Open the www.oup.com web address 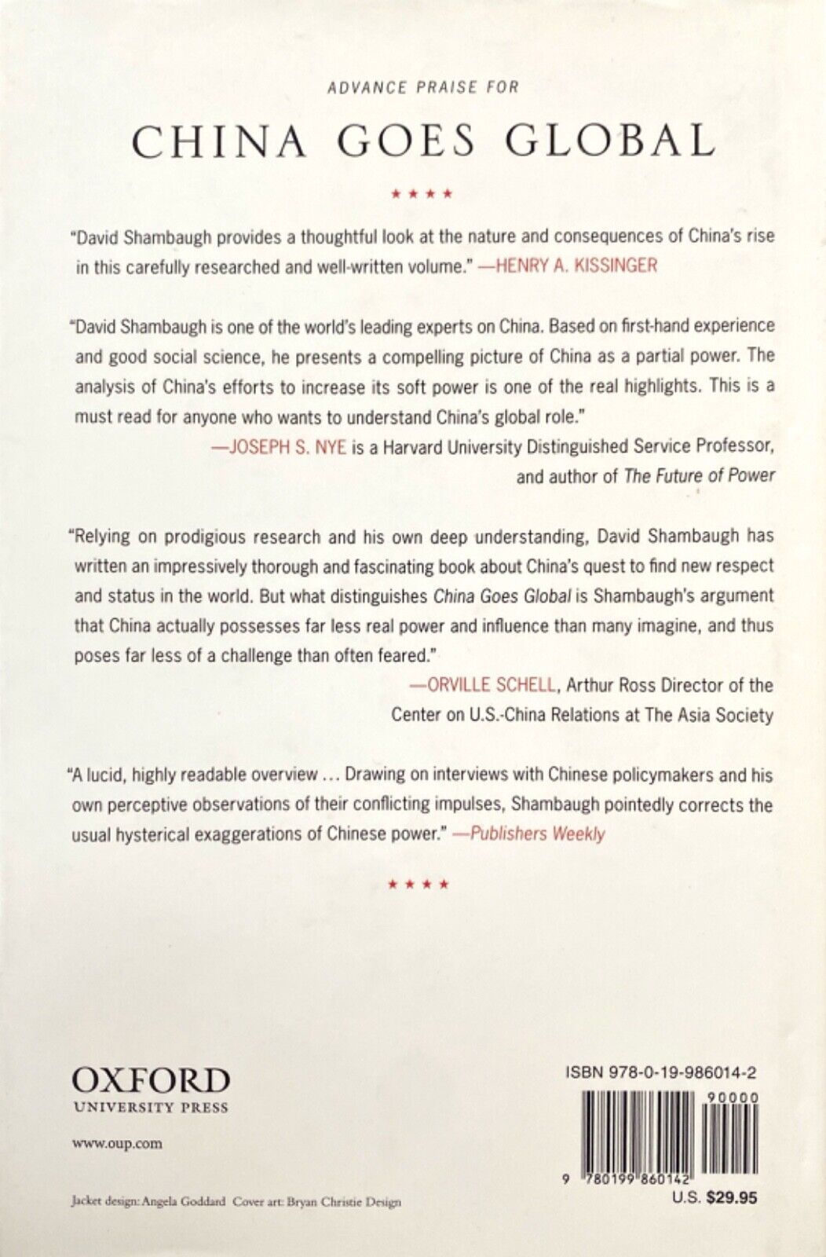tap(116, 1143)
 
